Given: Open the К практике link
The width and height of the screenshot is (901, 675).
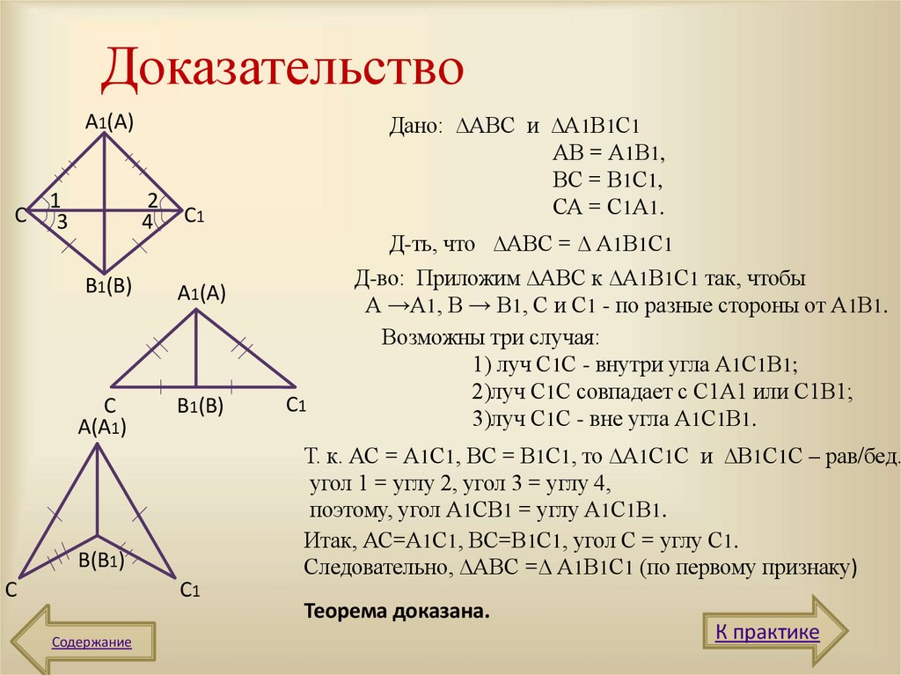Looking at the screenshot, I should [x=766, y=632].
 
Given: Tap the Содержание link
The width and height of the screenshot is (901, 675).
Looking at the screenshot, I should [x=92, y=642].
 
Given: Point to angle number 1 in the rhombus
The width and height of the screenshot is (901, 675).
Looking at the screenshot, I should [x=55, y=199].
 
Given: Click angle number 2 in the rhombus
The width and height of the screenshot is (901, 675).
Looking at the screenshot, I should [x=152, y=199].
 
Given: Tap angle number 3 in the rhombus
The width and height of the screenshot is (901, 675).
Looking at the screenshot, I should [x=62, y=224].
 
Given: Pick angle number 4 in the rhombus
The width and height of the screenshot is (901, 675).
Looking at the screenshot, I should [x=147, y=224].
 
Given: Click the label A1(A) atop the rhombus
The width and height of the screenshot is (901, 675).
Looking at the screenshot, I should [x=109, y=123].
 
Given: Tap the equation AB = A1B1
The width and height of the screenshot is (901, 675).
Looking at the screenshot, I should [x=607, y=152].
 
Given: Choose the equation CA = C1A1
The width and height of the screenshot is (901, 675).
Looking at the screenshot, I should [x=608, y=208].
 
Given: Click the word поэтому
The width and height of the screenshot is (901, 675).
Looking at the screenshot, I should [x=346, y=510].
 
